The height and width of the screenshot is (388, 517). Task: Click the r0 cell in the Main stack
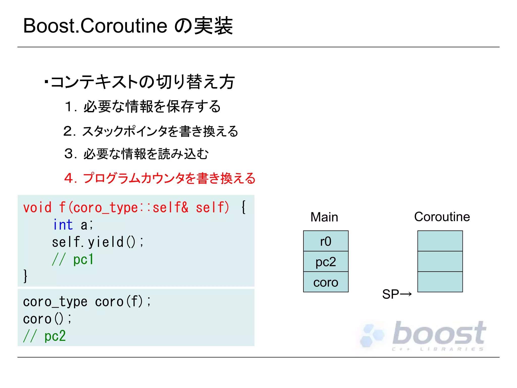coord(326,241)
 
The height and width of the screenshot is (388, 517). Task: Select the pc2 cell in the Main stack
coord(326,262)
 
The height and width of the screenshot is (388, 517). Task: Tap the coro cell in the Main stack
coord(326,282)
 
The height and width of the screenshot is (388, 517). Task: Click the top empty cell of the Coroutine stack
coord(440,241)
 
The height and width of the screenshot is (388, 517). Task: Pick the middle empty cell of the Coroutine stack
coord(440,262)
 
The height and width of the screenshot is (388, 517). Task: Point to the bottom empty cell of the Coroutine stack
coord(440,282)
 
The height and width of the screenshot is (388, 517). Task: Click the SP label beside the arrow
coord(390,294)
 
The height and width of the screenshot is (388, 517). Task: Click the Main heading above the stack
coord(324,217)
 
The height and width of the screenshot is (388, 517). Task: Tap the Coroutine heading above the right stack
coord(442,217)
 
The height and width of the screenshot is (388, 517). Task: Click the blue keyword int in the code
coord(63,225)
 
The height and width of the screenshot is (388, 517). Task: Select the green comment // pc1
coord(73,259)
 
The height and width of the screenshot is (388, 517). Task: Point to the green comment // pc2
coord(44,336)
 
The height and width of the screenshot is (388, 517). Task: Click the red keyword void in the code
coord(37,208)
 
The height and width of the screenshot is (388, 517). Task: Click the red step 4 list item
coord(160,178)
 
